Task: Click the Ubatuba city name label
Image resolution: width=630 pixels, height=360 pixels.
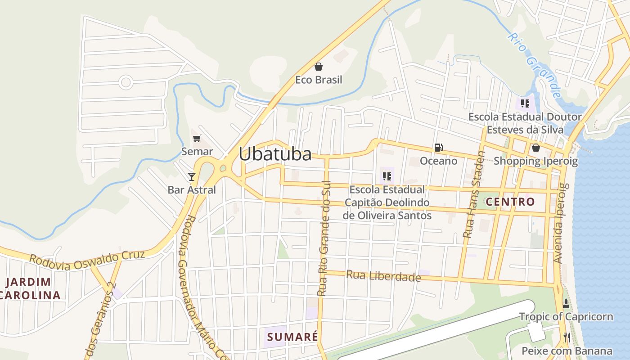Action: pyautogui.click(x=275, y=154)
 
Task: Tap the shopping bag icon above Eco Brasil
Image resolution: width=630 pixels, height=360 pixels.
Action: pyautogui.click(x=319, y=67)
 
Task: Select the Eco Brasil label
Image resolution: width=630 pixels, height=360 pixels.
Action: pyautogui.click(x=319, y=80)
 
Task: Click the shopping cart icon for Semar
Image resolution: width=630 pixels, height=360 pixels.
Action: pyautogui.click(x=197, y=138)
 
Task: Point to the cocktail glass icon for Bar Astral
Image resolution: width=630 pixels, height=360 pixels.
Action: pyautogui.click(x=192, y=176)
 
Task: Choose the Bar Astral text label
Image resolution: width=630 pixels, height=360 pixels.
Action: pyautogui.click(x=192, y=190)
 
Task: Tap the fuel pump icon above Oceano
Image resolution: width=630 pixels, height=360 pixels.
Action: pyautogui.click(x=438, y=148)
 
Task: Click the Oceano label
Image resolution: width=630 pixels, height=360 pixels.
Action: pyautogui.click(x=438, y=161)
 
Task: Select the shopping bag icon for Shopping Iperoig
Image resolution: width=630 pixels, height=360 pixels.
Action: pyautogui.click(x=535, y=148)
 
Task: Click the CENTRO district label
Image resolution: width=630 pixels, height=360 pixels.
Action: pyautogui.click(x=510, y=202)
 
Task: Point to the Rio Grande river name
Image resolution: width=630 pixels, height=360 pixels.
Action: pyautogui.click(x=535, y=65)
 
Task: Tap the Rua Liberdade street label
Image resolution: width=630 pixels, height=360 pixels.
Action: pyautogui.click(x=383, y=275)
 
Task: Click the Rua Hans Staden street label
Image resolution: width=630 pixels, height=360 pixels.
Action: pyautogui.click(x=475, y=194)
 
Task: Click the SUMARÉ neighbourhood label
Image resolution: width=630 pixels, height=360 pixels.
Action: pyautogui.click(x=292, y=337)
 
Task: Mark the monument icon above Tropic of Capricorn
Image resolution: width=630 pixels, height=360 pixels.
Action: pyautogui.click(x=566, y=304)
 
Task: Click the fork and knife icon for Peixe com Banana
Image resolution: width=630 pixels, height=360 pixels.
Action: pyautogui.click(x=567, y=337)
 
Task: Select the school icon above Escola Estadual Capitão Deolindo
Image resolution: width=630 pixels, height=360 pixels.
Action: pyautogui.click(x=387, y=176)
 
